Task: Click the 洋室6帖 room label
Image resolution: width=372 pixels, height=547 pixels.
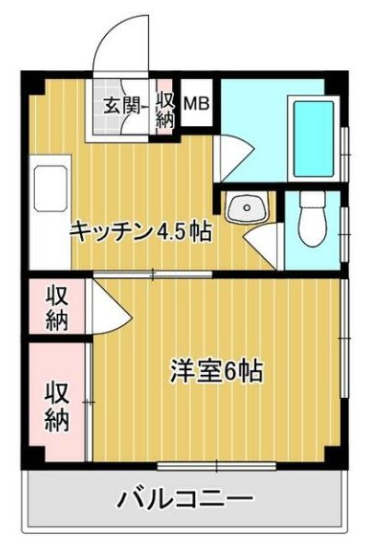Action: coord(216,371)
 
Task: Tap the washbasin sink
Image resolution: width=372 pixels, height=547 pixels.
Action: coord(244,209)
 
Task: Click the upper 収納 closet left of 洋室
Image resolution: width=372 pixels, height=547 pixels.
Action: coord(57,308)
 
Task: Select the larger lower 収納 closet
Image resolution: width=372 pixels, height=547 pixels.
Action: coord(57,405)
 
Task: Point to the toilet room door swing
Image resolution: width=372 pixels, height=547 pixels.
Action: coord(268,243)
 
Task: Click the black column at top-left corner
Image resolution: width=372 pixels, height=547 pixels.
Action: coord(32,80)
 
